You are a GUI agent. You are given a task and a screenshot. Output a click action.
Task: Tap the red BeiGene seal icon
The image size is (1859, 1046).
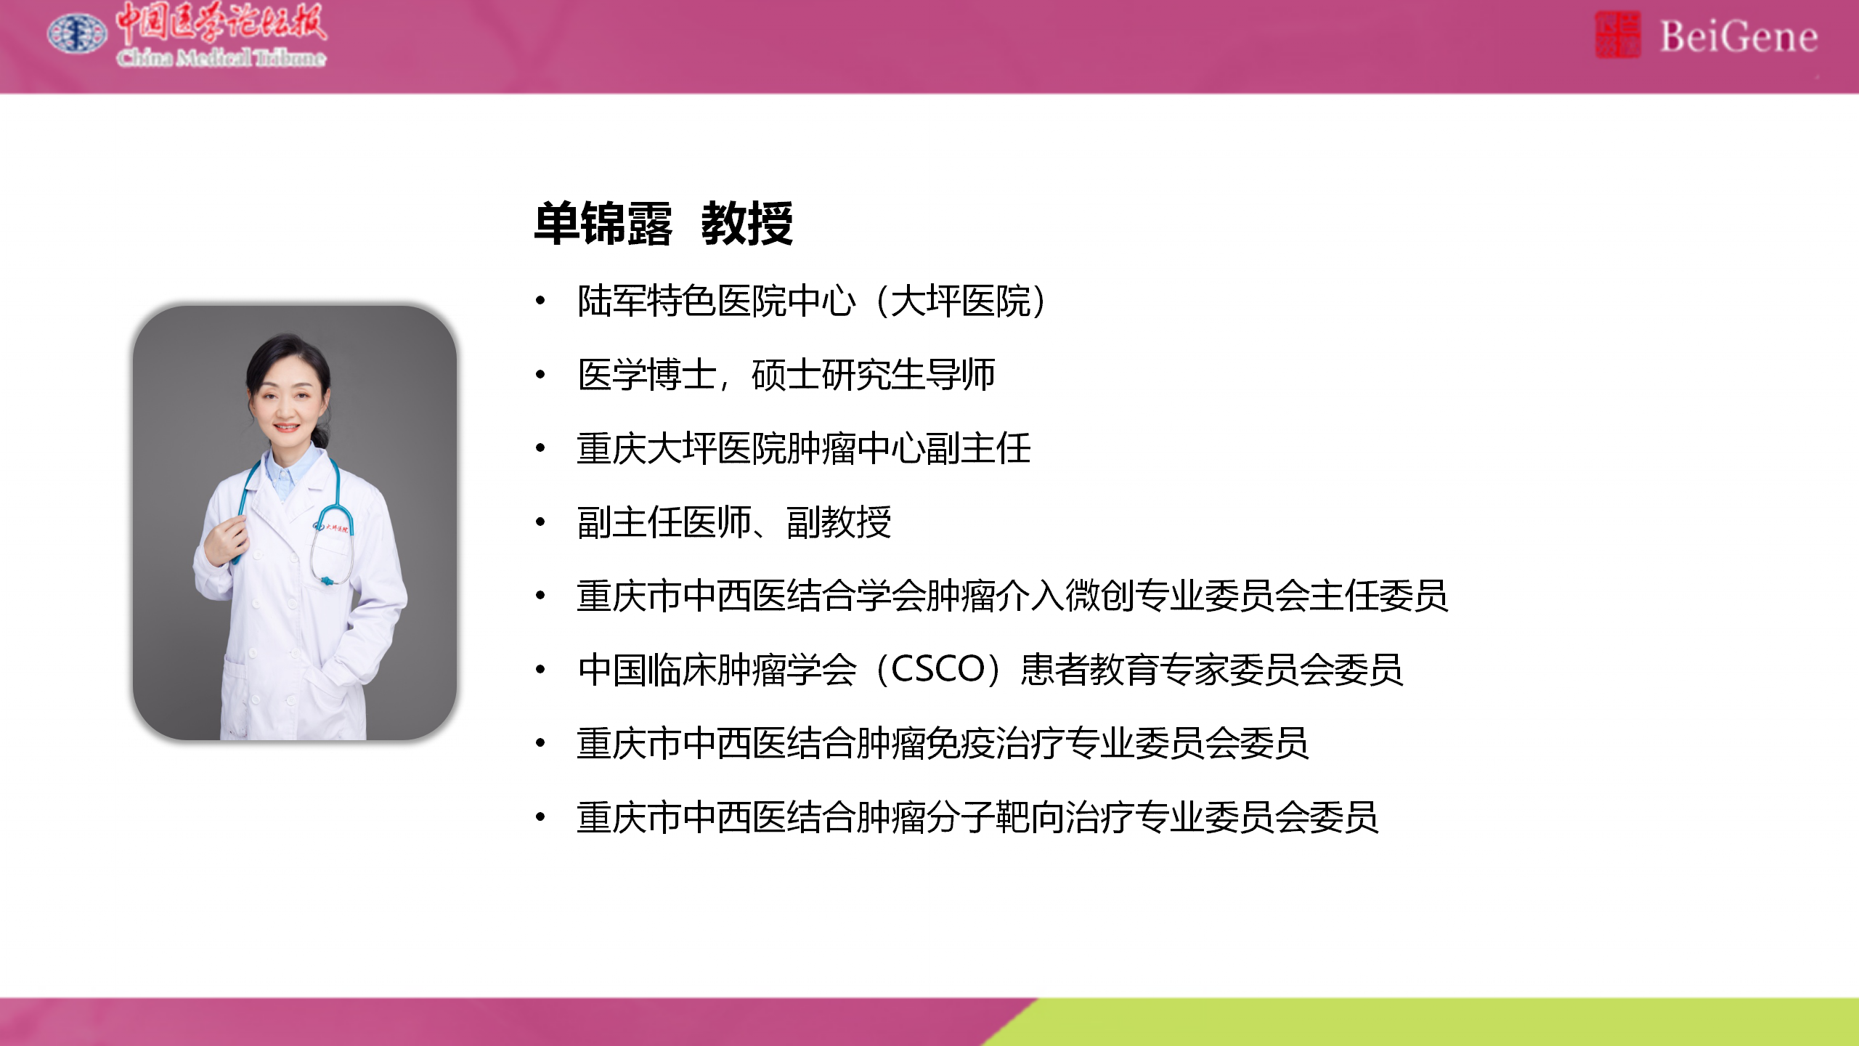1617,34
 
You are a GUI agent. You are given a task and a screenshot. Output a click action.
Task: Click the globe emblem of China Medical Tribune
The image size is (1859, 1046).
76,33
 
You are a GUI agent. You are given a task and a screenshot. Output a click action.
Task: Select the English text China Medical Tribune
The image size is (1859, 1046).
221,57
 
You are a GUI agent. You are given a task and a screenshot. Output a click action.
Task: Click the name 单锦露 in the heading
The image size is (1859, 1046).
603,224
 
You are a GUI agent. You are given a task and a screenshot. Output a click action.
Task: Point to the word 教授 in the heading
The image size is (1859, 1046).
747,224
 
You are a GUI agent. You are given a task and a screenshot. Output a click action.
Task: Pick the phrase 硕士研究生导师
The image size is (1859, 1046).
874,375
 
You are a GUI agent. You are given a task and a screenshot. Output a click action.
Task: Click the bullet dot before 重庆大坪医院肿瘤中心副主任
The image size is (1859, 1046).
540,448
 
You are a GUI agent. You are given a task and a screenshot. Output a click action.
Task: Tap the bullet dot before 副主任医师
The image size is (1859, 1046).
540,522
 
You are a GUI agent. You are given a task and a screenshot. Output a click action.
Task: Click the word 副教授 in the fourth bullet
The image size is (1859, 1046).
839,522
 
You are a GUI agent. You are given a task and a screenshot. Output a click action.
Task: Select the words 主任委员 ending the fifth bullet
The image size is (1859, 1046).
1378,596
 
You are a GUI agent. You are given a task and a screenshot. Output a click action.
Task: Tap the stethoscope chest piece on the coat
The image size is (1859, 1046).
328,580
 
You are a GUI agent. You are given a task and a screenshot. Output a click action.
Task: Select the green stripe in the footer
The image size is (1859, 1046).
1445,1022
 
